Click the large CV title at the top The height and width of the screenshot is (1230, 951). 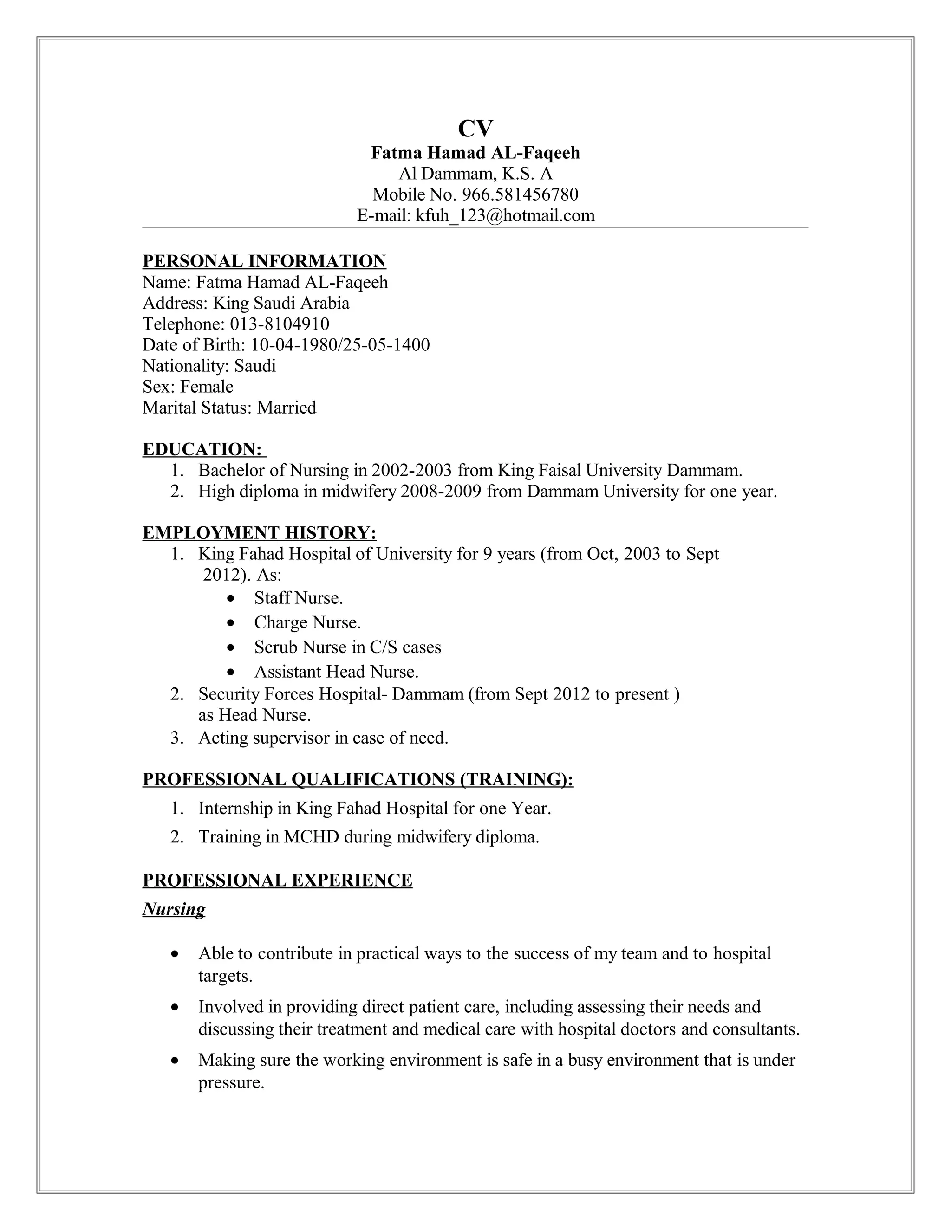click(x=475, y=129)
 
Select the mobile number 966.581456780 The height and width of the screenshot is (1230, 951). click(x=520, y=194)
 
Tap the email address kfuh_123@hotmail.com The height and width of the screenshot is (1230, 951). click(x=505, y=215)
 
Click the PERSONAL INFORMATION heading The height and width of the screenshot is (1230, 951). click(x=264, y=261)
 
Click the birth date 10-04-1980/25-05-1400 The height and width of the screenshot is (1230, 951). click(x=340, y=345)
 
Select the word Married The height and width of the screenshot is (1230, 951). click(x=287, y=407)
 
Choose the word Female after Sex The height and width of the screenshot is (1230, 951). click(x=207, y=386)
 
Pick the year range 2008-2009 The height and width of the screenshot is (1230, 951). click(x=441, y=492)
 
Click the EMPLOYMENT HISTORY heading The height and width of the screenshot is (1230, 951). click(x=259, y=533)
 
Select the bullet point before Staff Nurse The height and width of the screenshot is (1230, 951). click(x=230, y=598)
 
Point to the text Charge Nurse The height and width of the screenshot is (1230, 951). click(x=307, y=622)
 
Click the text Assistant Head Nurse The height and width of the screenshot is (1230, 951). click(x=336, y=672)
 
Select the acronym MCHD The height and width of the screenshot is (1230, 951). click(x=311, y=837)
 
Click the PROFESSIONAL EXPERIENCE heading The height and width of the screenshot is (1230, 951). click(x=277, y=880)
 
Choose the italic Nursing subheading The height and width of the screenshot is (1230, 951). click(x=174, y=909)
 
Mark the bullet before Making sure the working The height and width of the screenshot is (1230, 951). click(x=176, y=1061)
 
